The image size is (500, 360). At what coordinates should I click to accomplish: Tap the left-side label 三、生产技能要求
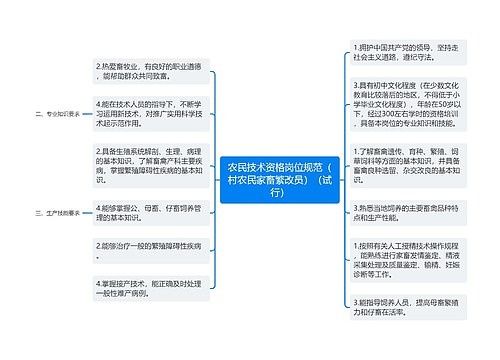[x=56, y=214]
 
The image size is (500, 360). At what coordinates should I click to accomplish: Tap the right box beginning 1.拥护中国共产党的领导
[x=394, y=52]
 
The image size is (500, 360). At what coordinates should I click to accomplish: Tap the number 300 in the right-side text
[x=382, y=116]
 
